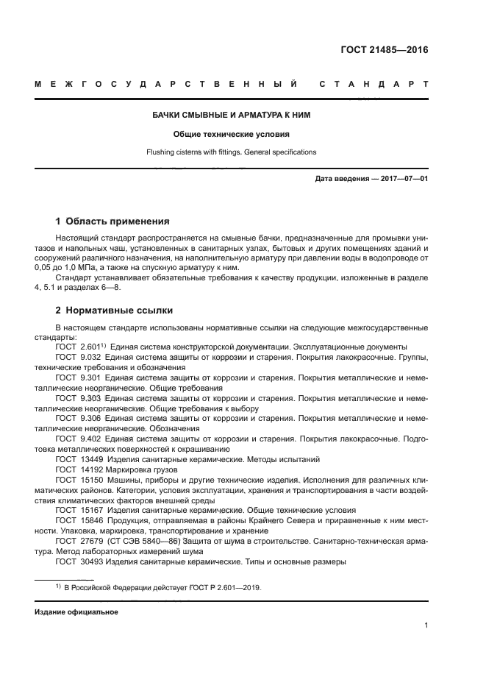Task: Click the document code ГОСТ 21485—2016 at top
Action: (385, 50)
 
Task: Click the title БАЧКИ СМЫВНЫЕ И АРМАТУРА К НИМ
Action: (232, 115)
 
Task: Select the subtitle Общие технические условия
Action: (232, 134)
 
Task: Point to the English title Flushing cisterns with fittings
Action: (232, 152)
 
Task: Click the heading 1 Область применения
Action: (113, 221)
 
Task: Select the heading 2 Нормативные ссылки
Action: (114, 310)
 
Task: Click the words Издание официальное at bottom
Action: (76, 612)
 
